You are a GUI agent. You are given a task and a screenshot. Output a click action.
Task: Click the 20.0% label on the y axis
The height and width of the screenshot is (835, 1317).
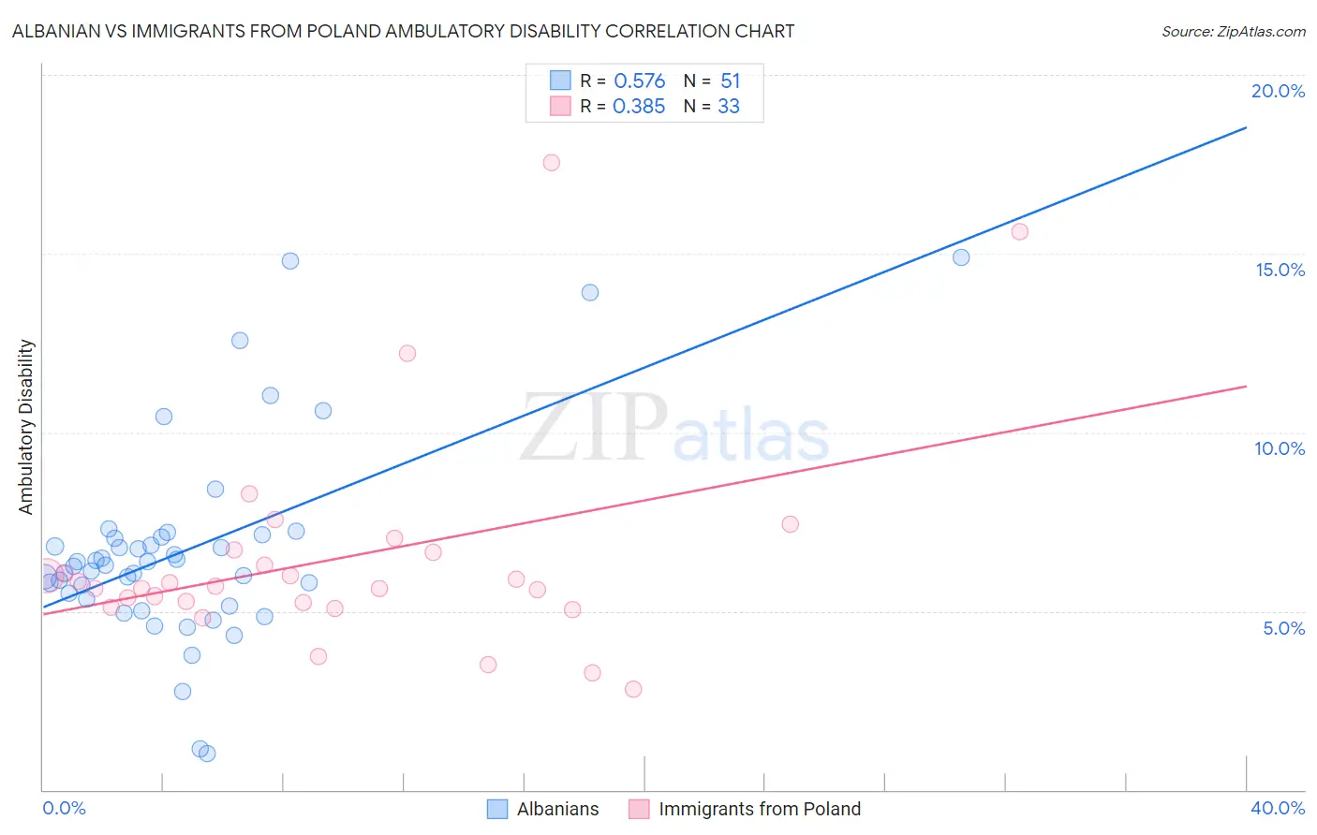tap(1278, 91)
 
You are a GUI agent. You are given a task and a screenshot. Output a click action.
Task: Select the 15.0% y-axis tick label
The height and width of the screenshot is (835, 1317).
tap(1280, 270)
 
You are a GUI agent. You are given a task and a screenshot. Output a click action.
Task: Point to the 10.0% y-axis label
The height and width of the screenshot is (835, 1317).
tap(1280, 448)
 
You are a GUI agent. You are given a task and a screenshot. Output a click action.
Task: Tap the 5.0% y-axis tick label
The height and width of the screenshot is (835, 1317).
tap(1283, 628)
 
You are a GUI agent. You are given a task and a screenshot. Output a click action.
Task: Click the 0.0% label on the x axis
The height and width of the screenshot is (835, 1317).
tap(64, 808)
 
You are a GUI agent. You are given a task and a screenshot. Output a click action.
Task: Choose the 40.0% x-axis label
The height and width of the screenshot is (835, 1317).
tap(1278, 808)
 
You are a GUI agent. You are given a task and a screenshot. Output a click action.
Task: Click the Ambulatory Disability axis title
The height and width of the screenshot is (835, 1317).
tap(26, 427)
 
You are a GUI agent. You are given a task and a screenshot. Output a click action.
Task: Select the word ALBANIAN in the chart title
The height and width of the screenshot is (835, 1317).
tap(61, 31)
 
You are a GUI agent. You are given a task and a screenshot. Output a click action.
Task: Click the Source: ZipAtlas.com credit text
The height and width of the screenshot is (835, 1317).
tap(1233, 31)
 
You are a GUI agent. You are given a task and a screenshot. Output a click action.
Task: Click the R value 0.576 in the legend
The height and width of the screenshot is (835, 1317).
tap(640, 81)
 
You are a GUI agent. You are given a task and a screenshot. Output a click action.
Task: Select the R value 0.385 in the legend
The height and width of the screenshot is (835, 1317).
tap(639, 107)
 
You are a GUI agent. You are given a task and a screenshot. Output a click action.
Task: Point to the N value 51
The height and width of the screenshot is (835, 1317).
tap(731, 81)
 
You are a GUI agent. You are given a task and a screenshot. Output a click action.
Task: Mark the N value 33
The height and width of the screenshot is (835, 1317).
tap(729, 107)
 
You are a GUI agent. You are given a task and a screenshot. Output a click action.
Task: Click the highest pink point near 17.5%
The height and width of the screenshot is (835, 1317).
tap(552, 163)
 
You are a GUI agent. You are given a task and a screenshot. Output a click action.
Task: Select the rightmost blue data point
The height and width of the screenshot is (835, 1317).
tap(961, 257)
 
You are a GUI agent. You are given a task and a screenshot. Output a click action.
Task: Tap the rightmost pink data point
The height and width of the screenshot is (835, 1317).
tap(1020, 232)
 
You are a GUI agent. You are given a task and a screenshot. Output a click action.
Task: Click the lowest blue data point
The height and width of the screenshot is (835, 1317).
tap(208, 754)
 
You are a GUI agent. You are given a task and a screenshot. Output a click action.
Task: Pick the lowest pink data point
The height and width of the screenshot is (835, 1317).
tap(633, 689)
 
